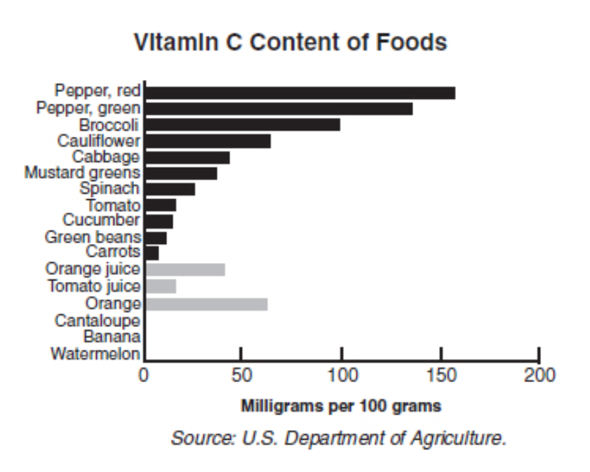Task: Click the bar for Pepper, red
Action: coord(300,93)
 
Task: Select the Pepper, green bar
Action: coord(279,109)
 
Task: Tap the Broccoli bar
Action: coord(243,125)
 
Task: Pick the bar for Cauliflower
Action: coord(208,141)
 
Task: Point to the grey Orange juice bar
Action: coord(185,269)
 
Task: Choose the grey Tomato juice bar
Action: coord(161,286)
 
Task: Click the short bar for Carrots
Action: coord(152,252)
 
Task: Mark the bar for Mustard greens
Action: coord(181,173)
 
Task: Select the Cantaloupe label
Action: coord(97,321)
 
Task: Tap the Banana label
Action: coord(113,337)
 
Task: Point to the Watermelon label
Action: coord(95,354)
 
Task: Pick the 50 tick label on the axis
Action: coord(241,375)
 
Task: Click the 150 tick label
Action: coord(440,375)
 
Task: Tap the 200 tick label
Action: coord(539,375)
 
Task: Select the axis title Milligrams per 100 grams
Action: coord(340,406)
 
